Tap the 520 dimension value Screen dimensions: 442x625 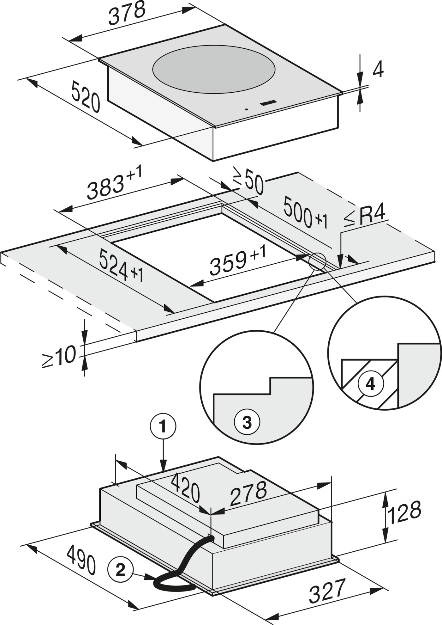pos(86,97)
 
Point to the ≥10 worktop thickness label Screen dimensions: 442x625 pos(59,357)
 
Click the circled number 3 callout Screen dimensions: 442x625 pos(247,422)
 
